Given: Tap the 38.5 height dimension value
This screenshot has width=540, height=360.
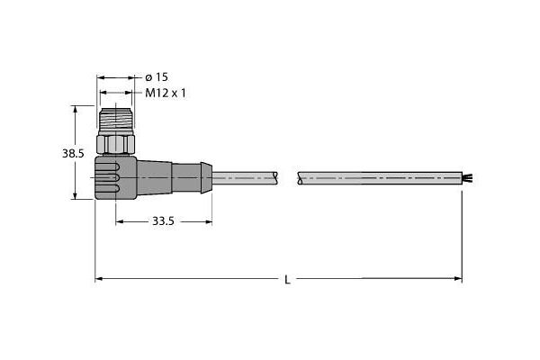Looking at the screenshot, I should tap(73, 154).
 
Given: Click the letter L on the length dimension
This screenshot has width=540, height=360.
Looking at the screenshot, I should tap(287, 280).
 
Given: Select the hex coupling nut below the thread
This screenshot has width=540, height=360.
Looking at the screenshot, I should tap(118, 142).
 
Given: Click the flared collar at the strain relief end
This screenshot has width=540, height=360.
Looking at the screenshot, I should tap(206, 177).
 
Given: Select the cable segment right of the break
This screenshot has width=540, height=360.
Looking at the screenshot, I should tap(378, 178).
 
